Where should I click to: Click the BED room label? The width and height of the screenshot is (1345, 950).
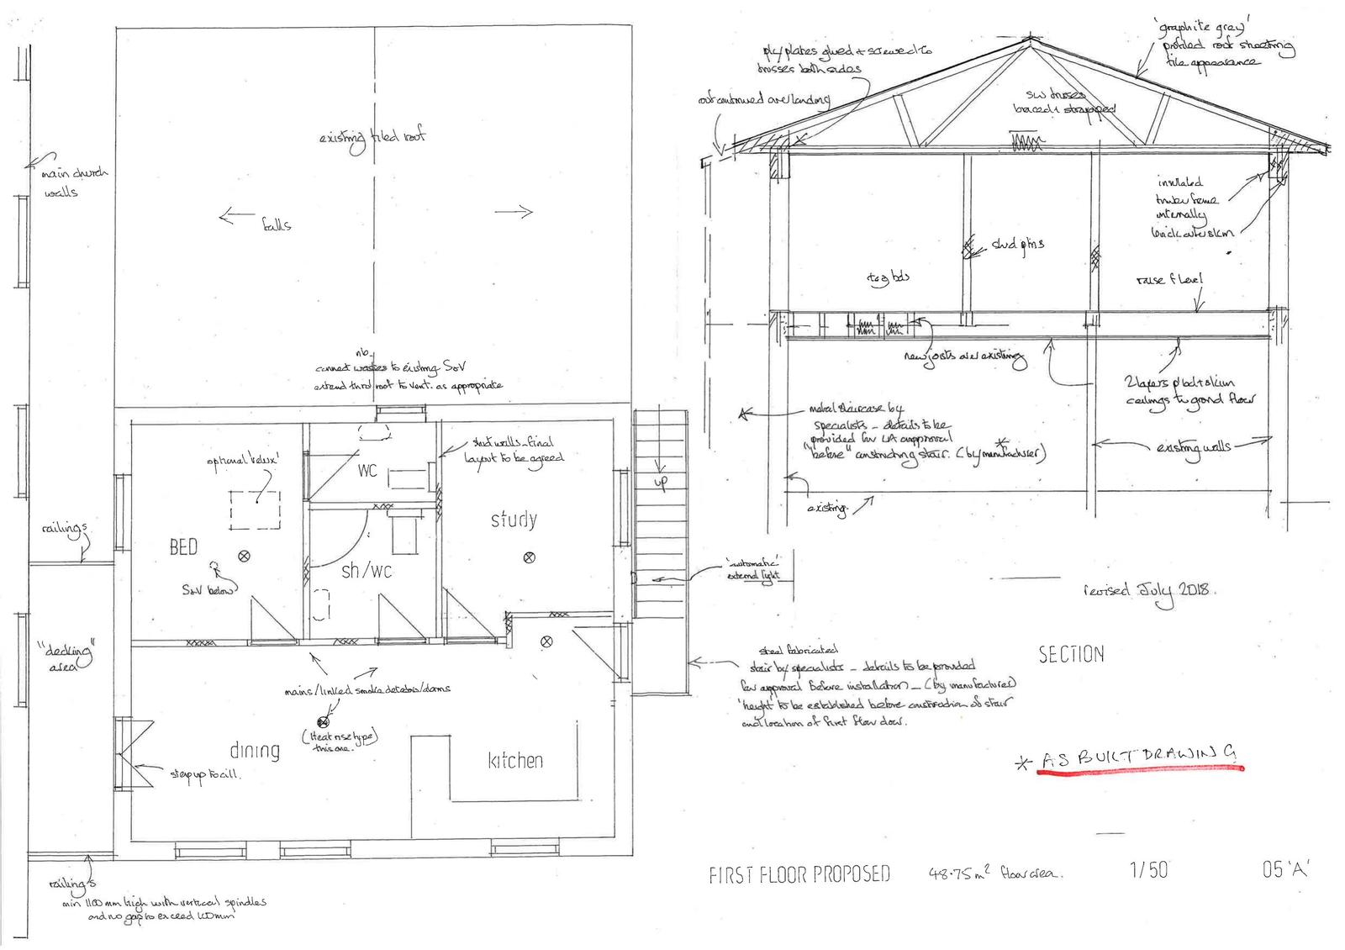[x=184, y=547]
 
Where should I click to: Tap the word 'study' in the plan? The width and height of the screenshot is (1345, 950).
[x=514, y=520]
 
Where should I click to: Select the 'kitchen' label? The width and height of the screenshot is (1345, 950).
[x=515, y=761]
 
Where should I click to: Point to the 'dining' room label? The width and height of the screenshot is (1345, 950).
[x=255, y=750]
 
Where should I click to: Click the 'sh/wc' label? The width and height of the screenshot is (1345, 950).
[x=367, y=571]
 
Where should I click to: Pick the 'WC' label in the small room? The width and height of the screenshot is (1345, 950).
[x=367, y=471]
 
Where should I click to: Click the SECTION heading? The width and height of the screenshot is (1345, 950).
[x=1071, y=654]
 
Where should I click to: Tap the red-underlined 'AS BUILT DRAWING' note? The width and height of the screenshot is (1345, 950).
[x=1139, y=758]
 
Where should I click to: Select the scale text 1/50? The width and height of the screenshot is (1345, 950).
[x=1148, y=869]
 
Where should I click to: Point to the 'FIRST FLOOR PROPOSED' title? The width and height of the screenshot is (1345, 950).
[x=799, y=874]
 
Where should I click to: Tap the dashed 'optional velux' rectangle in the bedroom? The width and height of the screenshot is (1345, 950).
[x=256, y=510]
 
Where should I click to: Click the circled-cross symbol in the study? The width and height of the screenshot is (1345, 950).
[x=530, y=557]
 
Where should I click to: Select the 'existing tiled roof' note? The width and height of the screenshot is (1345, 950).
[x=372, y=137]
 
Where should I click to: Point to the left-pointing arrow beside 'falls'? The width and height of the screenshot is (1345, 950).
[x=235, y=217]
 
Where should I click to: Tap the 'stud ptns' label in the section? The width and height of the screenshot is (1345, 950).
[x=1017, y=244]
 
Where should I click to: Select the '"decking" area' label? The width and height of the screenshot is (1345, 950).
[x=66, y=657]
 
